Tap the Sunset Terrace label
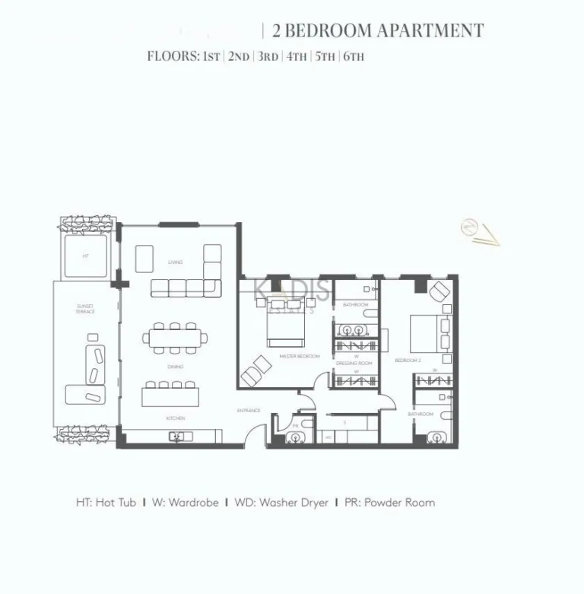(85, 309)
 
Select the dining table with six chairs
(175, 338)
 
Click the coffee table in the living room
(144, 258)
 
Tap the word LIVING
(176, 262)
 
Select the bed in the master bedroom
(285, 326)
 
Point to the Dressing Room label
(354, 364)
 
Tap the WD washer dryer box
(328, 437)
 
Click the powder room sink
(294, 437)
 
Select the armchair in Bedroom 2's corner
(440, 292)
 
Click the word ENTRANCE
(249, 411)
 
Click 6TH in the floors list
(354, 56)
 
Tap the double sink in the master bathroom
(355, 330)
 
